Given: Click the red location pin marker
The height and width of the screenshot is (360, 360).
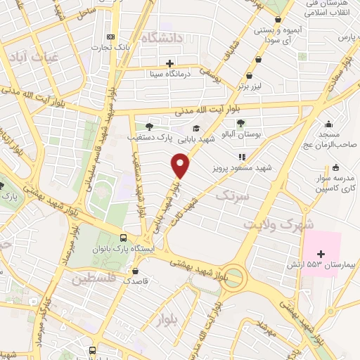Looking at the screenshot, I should pos(181,166).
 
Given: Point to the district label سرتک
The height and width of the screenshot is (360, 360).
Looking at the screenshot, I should pos(233,195).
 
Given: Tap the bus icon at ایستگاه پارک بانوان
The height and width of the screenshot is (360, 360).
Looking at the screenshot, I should pos(124,238).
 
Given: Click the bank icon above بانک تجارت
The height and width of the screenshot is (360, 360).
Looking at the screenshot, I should pos(110,37).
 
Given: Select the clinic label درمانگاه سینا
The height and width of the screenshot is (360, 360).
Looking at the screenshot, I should pos(169,72).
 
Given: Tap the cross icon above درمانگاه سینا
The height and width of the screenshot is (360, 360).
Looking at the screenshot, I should pos(169,62).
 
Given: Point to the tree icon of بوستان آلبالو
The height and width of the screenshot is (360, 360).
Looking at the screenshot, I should pos(240,123).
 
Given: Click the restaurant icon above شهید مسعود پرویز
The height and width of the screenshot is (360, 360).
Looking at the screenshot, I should pos(240,157).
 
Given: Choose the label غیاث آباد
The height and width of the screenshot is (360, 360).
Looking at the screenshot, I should pos(30,58).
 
